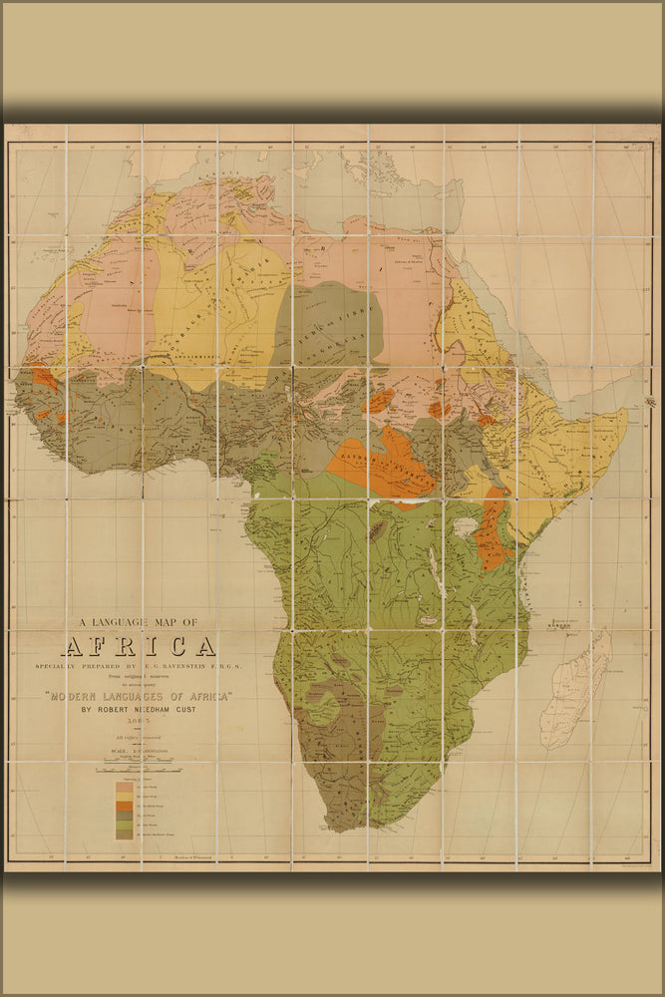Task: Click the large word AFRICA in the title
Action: pyautogui.click(x=139, y=646)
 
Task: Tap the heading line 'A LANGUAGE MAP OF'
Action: pyautogui.click(x=138, y=623)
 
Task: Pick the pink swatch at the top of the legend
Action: pyautogui.click(x=124, y=787)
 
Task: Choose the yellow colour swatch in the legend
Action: pyautogui.click(x=124, y=797)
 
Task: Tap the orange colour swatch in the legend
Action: pyautogui.click(x=124, y=806)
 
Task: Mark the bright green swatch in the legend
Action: pyautogui.click(x=124, y=825)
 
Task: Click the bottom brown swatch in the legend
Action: pyautogui.click(x=124, y=834)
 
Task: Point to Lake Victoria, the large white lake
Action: pyautogui.click(x=464, y=527)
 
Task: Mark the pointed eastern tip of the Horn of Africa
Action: pyautogui.click(x=626, y=411)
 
